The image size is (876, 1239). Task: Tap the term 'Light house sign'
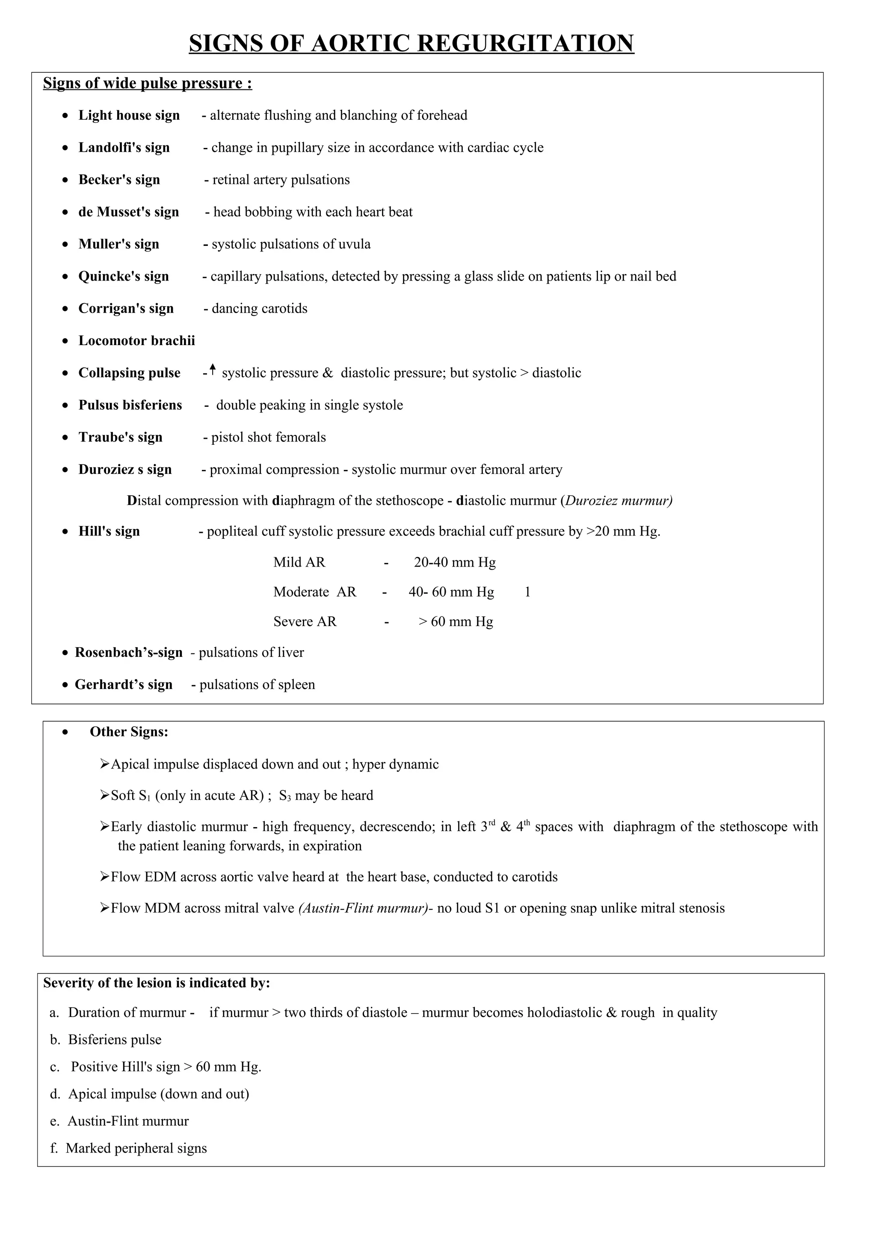pyautogui.click(x=129, y=115)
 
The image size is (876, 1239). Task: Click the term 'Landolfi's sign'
pyautogui.click(x=124, y=148)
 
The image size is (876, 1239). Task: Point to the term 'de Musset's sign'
pyautogui.click(x=128, y=212)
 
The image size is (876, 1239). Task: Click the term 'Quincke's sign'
pyautogui.click(x=124, y=276)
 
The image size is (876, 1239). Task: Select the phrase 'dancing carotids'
pyautogui.click(x=259, y=309)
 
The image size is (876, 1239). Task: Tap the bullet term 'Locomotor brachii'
pyautogui.click(x=136, y=341)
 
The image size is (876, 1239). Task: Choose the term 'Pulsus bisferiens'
pyautogui.click(x=130, y=405)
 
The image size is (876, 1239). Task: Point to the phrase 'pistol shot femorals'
pyautogui.click(x=268, y=438)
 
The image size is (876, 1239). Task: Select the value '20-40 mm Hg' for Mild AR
pyautogui.click(x=454, y=563)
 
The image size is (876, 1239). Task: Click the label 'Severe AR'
pyautogui.click(x=305, y=622)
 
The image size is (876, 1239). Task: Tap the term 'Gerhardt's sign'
pyautogui.click(x=124, y=685)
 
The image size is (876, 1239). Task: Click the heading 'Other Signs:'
pyautogui.click(x=129, y=732)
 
